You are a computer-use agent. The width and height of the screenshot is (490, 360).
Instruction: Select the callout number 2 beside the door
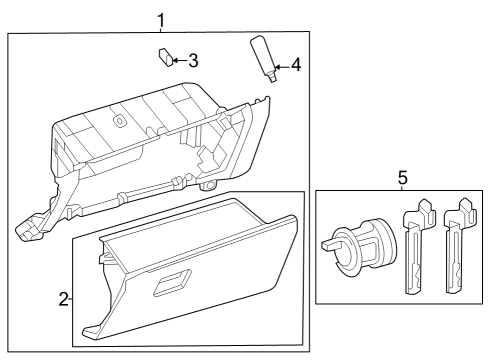pos(62,298)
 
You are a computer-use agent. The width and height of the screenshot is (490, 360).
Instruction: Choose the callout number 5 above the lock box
pos(402,178)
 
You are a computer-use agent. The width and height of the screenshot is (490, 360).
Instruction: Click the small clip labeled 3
pos(165,56)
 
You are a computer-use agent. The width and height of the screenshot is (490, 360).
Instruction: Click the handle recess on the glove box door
pos(170,283)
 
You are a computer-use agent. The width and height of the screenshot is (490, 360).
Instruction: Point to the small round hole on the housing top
pos(119,121)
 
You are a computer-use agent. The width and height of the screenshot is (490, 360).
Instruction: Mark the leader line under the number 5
pos(402,189)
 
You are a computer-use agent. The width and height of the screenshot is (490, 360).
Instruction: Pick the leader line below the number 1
pos(161,30)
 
